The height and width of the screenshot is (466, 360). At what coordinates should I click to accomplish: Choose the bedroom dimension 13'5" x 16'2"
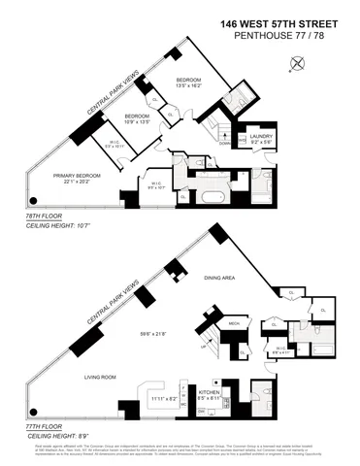pos(188,86)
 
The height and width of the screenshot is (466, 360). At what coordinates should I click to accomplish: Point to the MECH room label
pos(234,322)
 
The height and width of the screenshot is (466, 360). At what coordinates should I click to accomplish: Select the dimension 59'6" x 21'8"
pos(154,337)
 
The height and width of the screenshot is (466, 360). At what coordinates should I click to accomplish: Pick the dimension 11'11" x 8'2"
pos(166,398)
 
